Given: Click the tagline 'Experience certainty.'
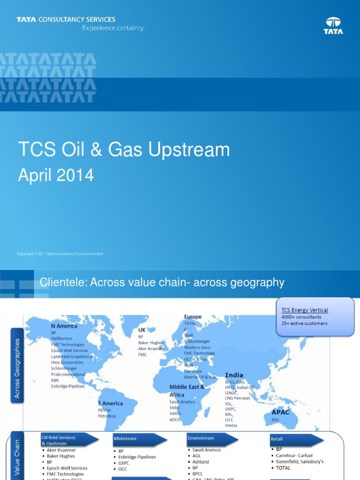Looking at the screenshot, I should (x=113, y=28).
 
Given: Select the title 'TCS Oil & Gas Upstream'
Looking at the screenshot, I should (x=124, y=150).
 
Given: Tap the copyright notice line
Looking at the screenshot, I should (x=60, y=254).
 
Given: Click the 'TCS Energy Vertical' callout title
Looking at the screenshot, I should (x=305, y=310).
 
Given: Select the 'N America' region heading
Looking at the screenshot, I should (x=64, y=326).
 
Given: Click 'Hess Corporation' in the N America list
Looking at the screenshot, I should (x=67, y=362).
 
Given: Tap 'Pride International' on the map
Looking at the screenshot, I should (x=68, y=375).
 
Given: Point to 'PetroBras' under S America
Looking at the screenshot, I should (x=107, y=416).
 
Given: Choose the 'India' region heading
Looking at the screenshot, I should (x=234, y=375).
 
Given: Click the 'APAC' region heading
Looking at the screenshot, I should (x=281, y=412).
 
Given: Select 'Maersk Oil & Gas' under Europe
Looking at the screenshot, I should (x=200, y=377).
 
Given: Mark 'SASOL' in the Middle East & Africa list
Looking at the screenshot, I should (x=176, y=414).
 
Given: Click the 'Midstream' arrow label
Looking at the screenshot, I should (x=125, y=439).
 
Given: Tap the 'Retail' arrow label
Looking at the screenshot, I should (x=277, y=439).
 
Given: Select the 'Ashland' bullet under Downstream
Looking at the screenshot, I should (x=201, y=462).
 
